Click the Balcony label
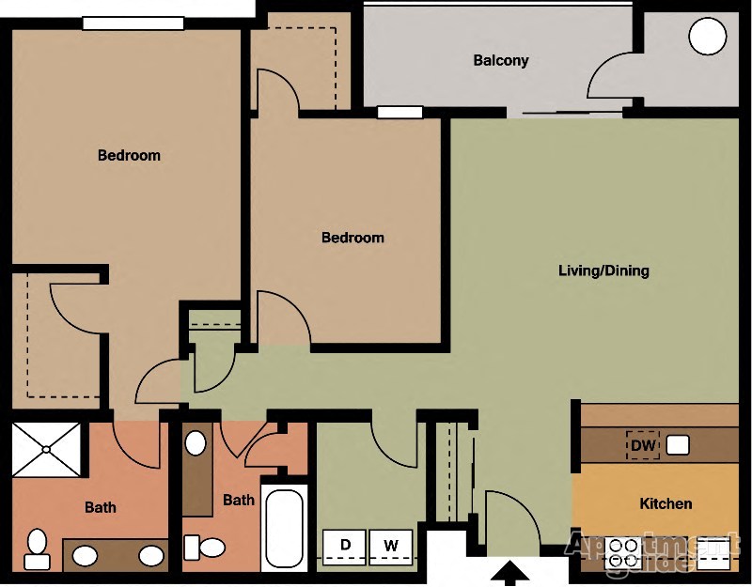[x=501, y=61]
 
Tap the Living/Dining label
[x=603, y=271]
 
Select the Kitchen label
[x=666, y=504]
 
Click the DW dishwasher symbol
[x=643, y=445]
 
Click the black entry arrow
[x=509, y=572]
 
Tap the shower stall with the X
[x=47, y=449]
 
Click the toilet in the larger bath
[x=37, y=549]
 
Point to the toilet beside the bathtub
[x=204, y=547]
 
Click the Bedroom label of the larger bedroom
[x=129, y=156]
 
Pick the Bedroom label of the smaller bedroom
[x=352, y=239]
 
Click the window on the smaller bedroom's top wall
[x=400, y=113]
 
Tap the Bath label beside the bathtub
[x=239, y=501]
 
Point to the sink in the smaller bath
[x=196, y=443]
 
